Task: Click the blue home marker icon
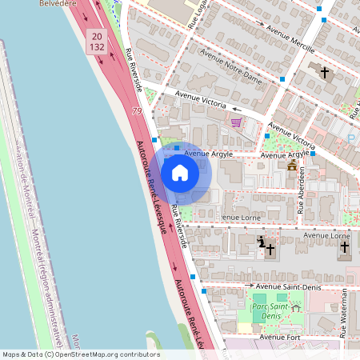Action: click(x=180, y=172)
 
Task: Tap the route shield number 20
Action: click(x=96, y=37)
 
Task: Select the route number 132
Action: click(x=96, y=48)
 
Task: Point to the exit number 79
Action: click(x=138, y=110)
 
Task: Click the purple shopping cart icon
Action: click(x=236, y=122)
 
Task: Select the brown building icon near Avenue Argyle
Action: click(x=292, y=166)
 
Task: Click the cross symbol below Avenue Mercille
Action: click(x=325, y=73)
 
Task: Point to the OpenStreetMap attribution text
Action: click(x=80, y=354)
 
